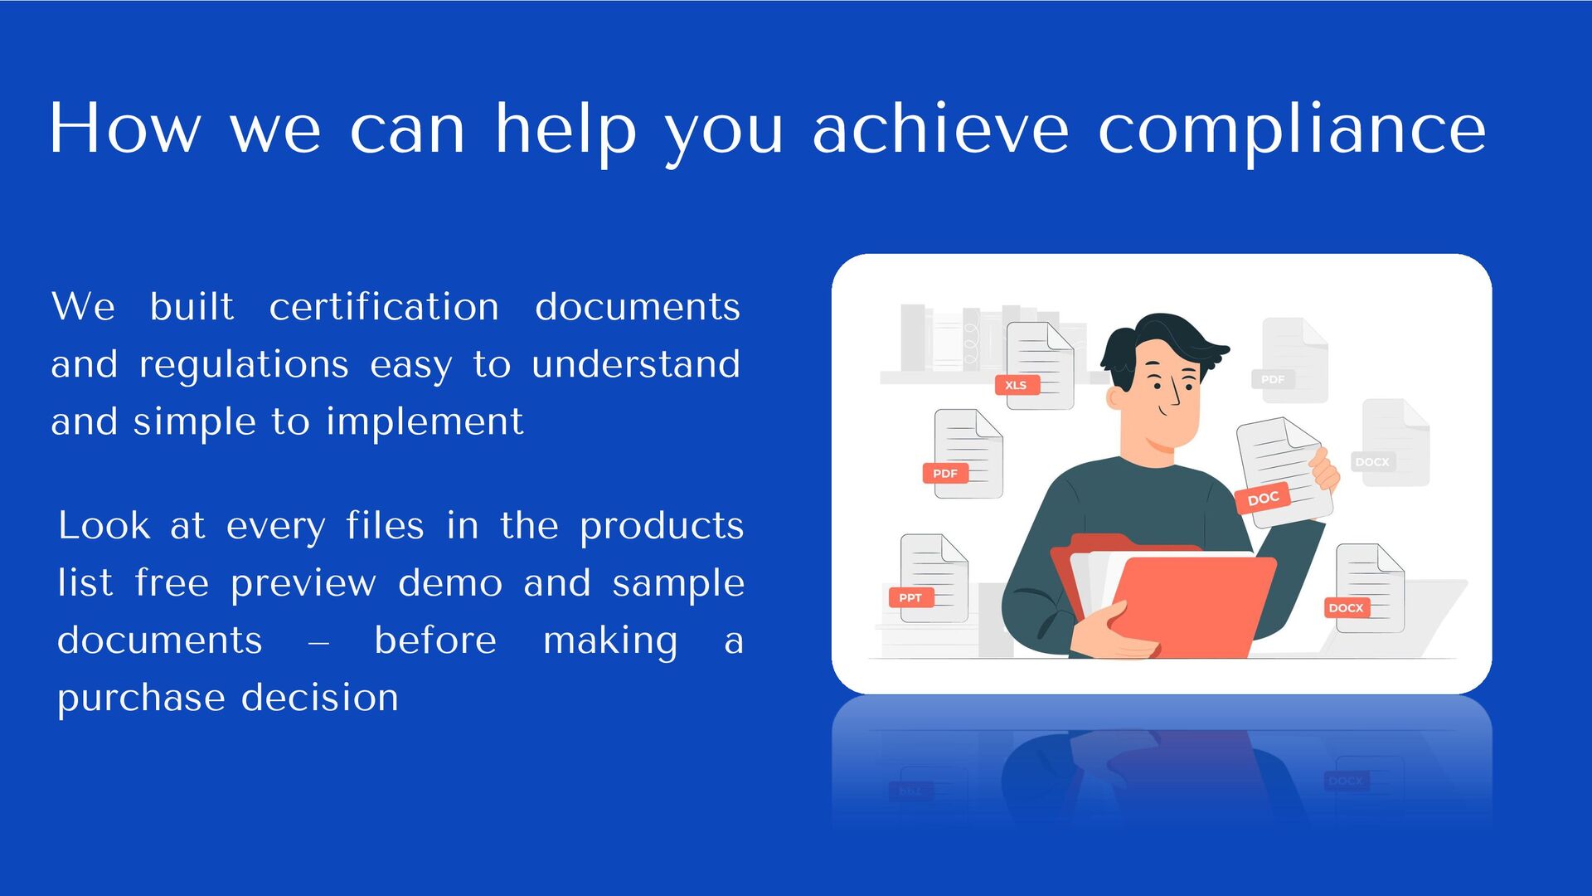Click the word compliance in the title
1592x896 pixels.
click(1292, 130)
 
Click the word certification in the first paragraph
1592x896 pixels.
click(384, 307)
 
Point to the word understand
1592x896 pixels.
click(635, 364)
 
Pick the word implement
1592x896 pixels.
click(425, 421)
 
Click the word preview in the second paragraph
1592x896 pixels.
click(303, 582)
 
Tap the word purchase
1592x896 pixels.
click(141, 698)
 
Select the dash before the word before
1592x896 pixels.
click(318, 642)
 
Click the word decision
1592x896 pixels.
click(320, 698)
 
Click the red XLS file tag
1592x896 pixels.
click(1016, 385)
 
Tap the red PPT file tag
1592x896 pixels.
click(910, 597)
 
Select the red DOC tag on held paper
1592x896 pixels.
click(1263, 499)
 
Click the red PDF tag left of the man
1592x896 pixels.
click(944, 474)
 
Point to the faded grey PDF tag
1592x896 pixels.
click(1272, 379)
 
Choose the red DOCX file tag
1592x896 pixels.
click(1345, 608)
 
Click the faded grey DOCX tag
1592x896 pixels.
click(1371, 461)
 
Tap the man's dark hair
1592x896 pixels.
click(1161, 340)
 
